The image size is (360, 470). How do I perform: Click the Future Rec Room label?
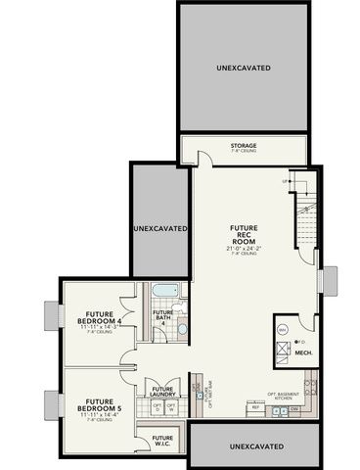pyautogui.click(x=245, y=234)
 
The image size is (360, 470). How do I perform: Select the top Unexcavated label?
pyautogui.click(x=244, y=68)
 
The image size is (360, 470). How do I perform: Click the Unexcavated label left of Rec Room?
pyautogui.click(x=159, y=227)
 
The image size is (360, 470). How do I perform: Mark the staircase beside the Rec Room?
pyautogui.click(x=304, y=220)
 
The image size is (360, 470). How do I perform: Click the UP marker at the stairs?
pyautogui.click(x=286, y=181)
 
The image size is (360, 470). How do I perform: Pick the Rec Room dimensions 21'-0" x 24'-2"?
pyautogui.click(x=245, y=248)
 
